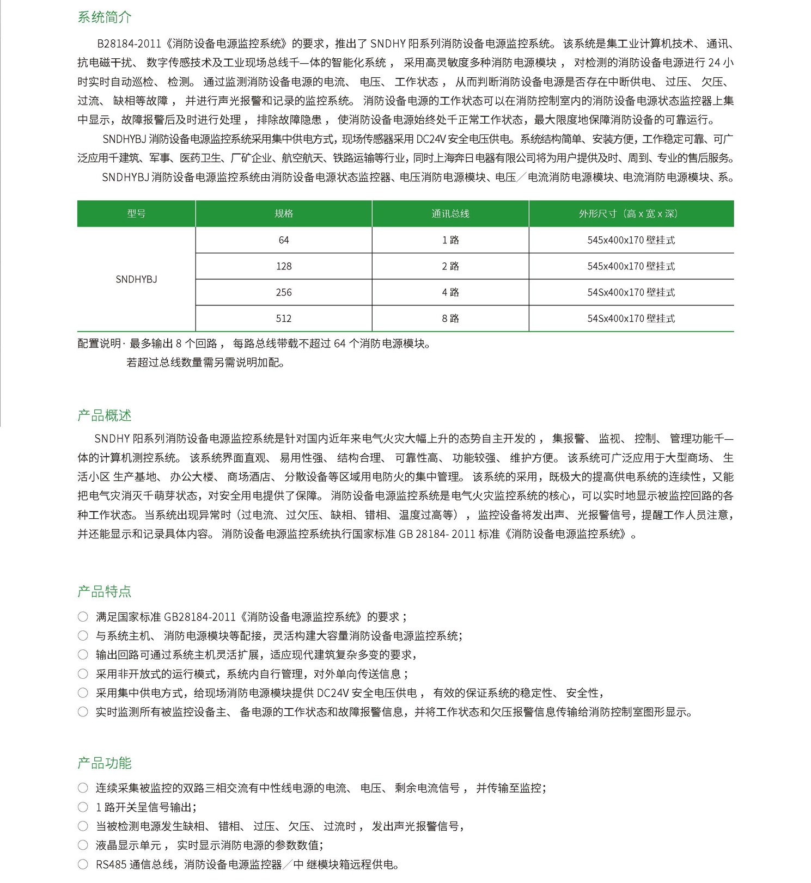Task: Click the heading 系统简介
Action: point(105,17)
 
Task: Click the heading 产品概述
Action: point(105,416)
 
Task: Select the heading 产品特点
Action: point(105,591)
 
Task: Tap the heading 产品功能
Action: point(105,763)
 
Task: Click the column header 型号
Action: point(136,214)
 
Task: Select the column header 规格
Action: point(284,214)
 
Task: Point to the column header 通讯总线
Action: point(450,214)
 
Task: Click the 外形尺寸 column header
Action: point(631,214)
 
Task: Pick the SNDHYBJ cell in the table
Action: point(136,279)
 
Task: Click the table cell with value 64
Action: point(284,240)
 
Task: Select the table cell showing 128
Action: point(284,266)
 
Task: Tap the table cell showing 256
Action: point(284,292)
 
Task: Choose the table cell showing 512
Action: point(284,318)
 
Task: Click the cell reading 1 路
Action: point(450,240)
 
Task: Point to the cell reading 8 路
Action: point(450,318)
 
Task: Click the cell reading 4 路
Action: point(450,292)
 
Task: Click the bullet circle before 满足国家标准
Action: point(83,617)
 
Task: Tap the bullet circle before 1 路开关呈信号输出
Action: point(83,807)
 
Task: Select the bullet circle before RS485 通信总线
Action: point(83,864)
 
